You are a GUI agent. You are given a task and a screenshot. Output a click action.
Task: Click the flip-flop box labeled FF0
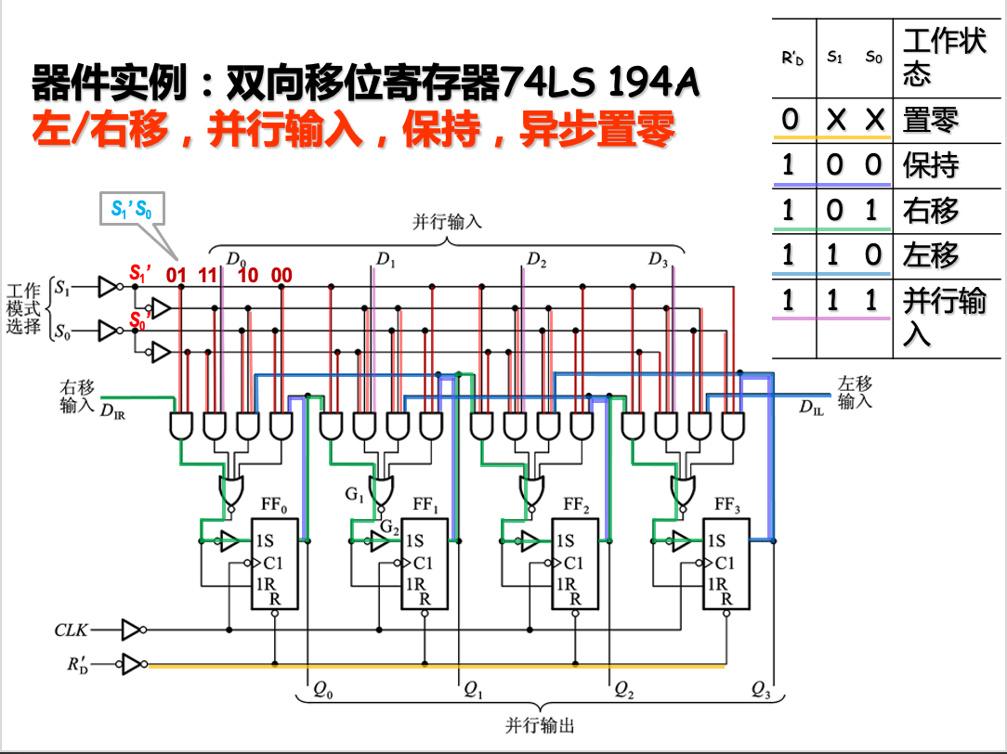click(x=274, y=564)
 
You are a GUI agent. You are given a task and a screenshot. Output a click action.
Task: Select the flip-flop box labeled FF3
click(x=726, y=564)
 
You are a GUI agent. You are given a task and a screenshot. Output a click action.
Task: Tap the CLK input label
click(x=71, y=630)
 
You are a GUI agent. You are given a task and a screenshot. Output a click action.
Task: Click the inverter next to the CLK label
click(x=133, y=630)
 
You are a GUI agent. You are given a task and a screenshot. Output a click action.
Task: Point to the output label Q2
click(x=624, y=690)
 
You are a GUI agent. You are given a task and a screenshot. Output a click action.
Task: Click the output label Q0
click(x=323, y=690)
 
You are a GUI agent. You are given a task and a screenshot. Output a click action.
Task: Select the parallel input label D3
click(x=658, y=260)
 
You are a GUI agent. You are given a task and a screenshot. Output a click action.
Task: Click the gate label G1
click(x=354, y=495)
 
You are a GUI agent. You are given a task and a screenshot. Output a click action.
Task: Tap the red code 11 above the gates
click(x=206, y=275)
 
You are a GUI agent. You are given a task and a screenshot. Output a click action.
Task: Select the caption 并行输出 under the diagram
click(x=540, y=724)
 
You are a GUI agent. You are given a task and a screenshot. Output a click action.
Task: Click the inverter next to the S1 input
click(x=110, y=288)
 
